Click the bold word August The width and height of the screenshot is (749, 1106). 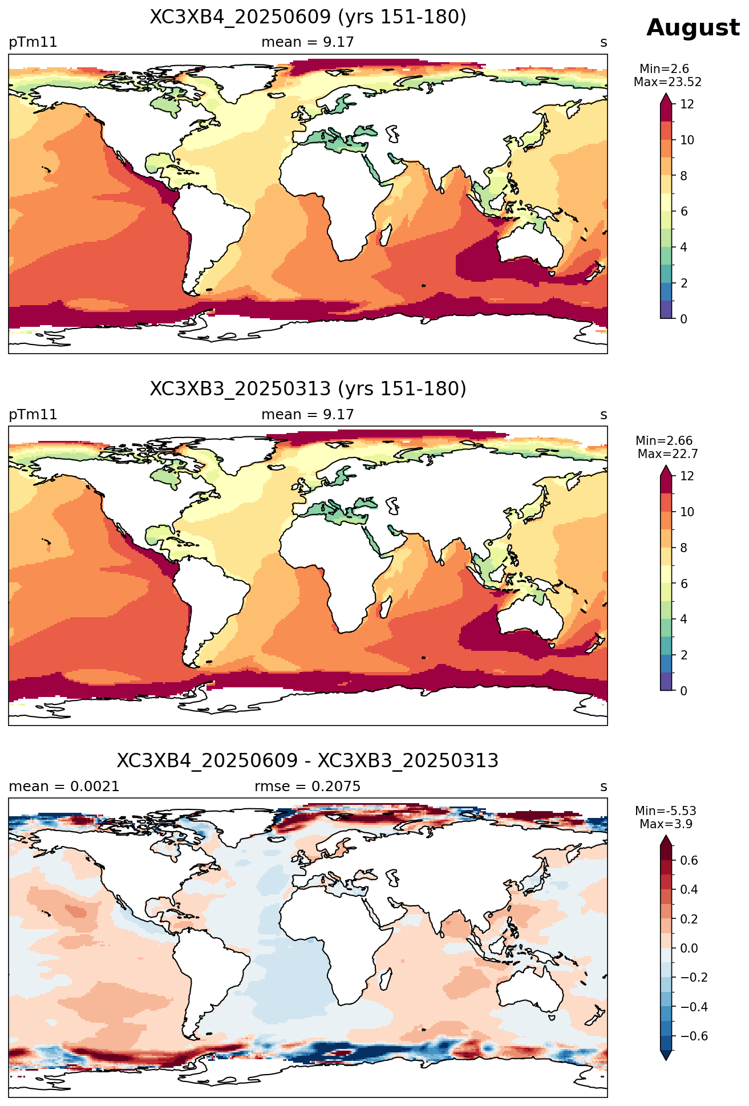(x=693, y=29)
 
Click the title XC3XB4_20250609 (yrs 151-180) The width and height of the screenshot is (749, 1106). (x=308, y=17)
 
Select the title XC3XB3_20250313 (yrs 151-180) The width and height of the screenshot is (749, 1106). (x=308, y=389)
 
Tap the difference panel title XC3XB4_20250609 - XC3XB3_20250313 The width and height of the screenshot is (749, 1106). (x=308, y=761)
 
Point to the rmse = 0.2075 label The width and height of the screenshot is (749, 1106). (x=307, y=787)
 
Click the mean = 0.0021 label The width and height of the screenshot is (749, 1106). (x=64, y=787)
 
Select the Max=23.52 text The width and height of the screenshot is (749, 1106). (x=667, y=82)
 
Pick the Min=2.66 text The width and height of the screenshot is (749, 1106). (x=664, y=441)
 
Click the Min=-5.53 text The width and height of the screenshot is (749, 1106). (x=666, y=811)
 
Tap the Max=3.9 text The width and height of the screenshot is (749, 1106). (x=666, y=824)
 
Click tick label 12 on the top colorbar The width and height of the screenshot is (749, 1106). (x=687, y=104)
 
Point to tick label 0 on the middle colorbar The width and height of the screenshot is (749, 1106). (x=684, y=691)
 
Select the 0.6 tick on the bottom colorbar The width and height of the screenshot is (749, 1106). (x=689, y=860)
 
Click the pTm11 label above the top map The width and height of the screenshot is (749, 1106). (x=33, y=43)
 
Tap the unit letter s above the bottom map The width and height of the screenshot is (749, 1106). (x=604, y=787)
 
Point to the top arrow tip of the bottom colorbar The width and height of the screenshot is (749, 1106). (x=666, y=836)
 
